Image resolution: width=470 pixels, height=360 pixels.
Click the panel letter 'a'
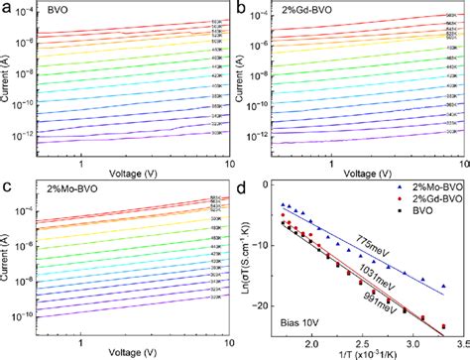[x=6, y=8]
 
